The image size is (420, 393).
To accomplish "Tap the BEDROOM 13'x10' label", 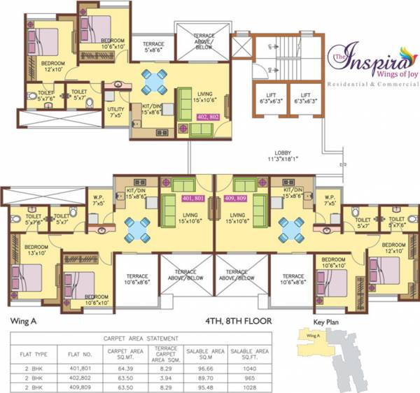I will [36, 250].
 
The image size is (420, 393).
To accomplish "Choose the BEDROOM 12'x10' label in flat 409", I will [394, 247].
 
